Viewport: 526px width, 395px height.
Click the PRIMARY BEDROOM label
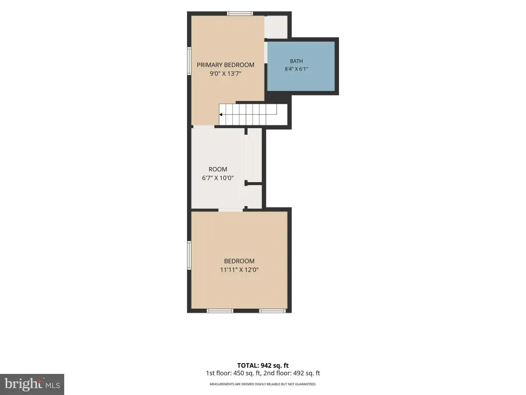(226, 65)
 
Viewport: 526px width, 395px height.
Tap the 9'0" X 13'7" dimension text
(226, 74)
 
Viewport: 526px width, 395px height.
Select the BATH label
(296, 61)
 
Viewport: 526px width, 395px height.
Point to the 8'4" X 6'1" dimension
(296, 69)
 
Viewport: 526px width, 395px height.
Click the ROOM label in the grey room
(218, 169)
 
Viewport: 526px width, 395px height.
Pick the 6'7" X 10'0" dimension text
(218, 178)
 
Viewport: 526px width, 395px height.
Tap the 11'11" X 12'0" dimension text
(239, 270)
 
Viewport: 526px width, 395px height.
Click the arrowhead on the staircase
(221, 115)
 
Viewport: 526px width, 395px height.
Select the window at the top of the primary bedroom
(240, 14)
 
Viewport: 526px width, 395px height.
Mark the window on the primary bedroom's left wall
(189, 61)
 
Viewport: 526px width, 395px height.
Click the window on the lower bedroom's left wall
(189, 255)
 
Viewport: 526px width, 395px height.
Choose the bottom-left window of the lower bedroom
(220, 311)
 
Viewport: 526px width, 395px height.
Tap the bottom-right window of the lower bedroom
(272, 311)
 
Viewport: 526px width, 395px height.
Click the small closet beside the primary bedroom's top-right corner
(276, 27)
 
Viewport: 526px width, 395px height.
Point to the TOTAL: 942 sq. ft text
(262, 366)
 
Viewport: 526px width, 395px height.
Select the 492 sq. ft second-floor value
(307, 373)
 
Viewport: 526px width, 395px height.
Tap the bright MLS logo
(32, 384)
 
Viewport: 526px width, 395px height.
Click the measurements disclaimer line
(262, 384)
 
